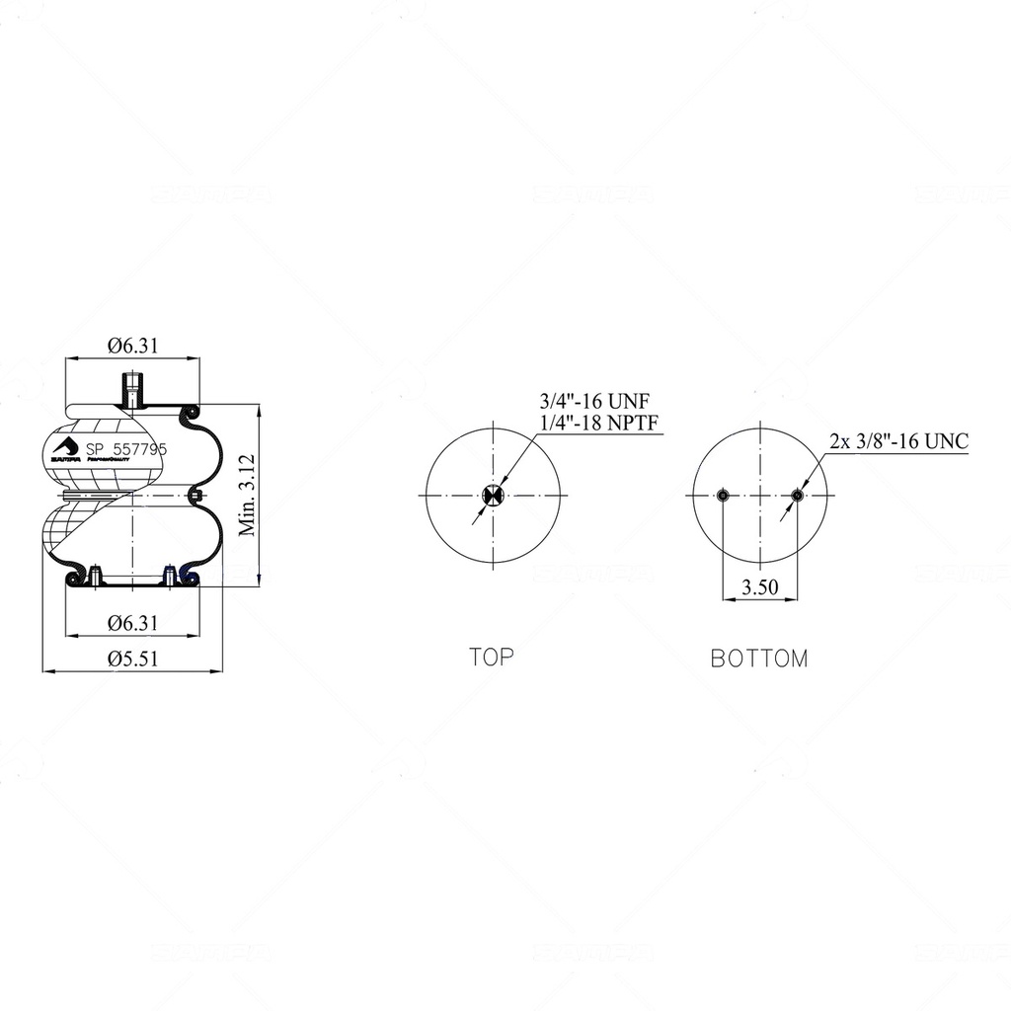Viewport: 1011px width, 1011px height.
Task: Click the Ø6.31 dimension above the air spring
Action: [132, 346]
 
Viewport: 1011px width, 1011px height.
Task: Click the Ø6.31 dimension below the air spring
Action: [132, 623]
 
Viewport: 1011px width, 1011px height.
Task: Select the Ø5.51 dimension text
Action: [132, 659]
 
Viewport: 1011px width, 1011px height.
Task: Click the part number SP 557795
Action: [126, 448]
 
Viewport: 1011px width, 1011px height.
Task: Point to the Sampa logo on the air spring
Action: [64, 449]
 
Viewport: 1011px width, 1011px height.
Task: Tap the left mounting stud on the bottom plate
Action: [94, 575]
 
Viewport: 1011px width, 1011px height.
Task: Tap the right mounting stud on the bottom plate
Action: [169, 575]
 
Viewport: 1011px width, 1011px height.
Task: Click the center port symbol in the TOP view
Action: [493, 495]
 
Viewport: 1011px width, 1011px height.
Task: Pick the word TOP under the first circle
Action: [492, 657]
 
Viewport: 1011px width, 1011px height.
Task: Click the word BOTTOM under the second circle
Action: [759, 659]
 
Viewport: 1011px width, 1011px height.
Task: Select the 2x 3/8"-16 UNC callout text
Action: [898, 441]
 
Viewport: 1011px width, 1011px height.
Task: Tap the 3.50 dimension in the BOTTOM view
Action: [760, 587]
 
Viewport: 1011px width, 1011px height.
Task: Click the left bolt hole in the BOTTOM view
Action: [724, 495]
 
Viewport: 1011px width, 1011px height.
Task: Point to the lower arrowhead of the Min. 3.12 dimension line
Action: [259, 581]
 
